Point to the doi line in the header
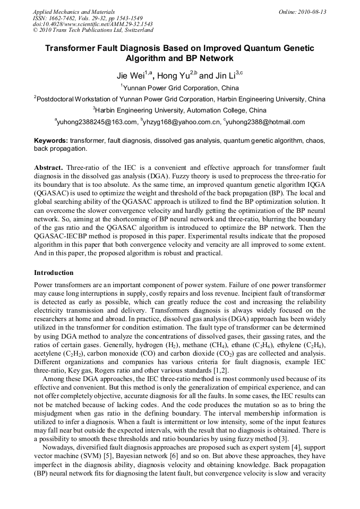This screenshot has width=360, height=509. pos(93,24)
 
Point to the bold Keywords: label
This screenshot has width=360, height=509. pos(51,141)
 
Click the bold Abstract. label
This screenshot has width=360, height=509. pos(48,167)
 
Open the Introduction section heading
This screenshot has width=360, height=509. pos(54,273)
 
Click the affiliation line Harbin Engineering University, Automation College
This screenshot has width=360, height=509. pos(181,110)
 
